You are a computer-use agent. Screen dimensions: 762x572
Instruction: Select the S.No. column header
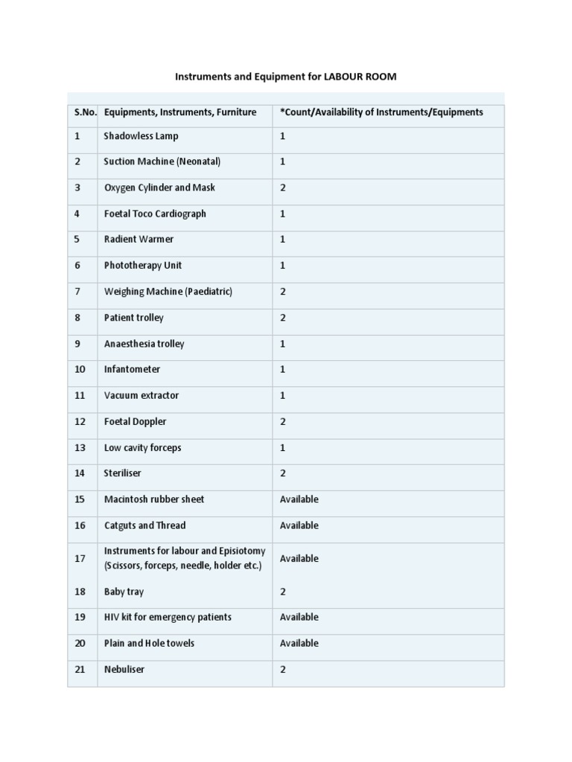click(x=85, y=112)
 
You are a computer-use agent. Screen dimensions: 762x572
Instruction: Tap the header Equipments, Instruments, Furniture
click(x=180, y=112)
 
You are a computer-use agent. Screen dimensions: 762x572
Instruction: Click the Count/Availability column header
click(x=381, y=112)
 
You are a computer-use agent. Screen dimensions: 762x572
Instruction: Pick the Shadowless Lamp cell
click(x=142, y=136)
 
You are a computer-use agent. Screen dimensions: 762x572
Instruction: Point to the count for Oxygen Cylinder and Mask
click(x=283, y=188)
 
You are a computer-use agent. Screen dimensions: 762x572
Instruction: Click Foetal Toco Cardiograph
click(x=155, y=214)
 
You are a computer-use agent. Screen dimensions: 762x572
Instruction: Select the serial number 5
click(x=77, y=240)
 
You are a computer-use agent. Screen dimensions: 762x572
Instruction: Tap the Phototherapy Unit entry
click(x=143, y=266)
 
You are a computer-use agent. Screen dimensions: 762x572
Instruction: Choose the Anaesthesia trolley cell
click(x=144, y=344)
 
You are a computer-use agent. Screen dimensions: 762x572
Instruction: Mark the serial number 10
click(x=80, y=369)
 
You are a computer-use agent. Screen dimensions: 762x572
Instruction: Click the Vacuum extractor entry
click(x=142, y=395)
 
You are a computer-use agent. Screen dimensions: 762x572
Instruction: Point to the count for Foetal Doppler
click(x=283, y=421)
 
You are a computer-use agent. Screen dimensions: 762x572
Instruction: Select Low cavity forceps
click(x=143, y=447)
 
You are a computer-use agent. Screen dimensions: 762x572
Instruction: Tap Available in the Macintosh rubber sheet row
click(x=299, y=499)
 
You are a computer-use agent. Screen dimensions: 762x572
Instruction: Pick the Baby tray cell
click(x=124, y=592)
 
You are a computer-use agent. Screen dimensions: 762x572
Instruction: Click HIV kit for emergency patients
click(x=168, y=617)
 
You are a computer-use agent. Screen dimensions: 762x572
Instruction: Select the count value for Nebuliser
click(x=283, y=669)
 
